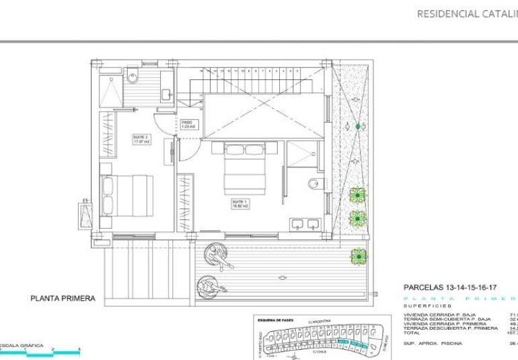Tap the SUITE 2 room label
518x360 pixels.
click(141, 139)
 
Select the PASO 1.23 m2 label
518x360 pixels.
click(188, 124)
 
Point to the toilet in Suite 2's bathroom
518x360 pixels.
click(133, 79)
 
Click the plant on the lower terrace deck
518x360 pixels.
click(358, 256)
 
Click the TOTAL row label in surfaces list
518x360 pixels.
click(411, 332)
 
